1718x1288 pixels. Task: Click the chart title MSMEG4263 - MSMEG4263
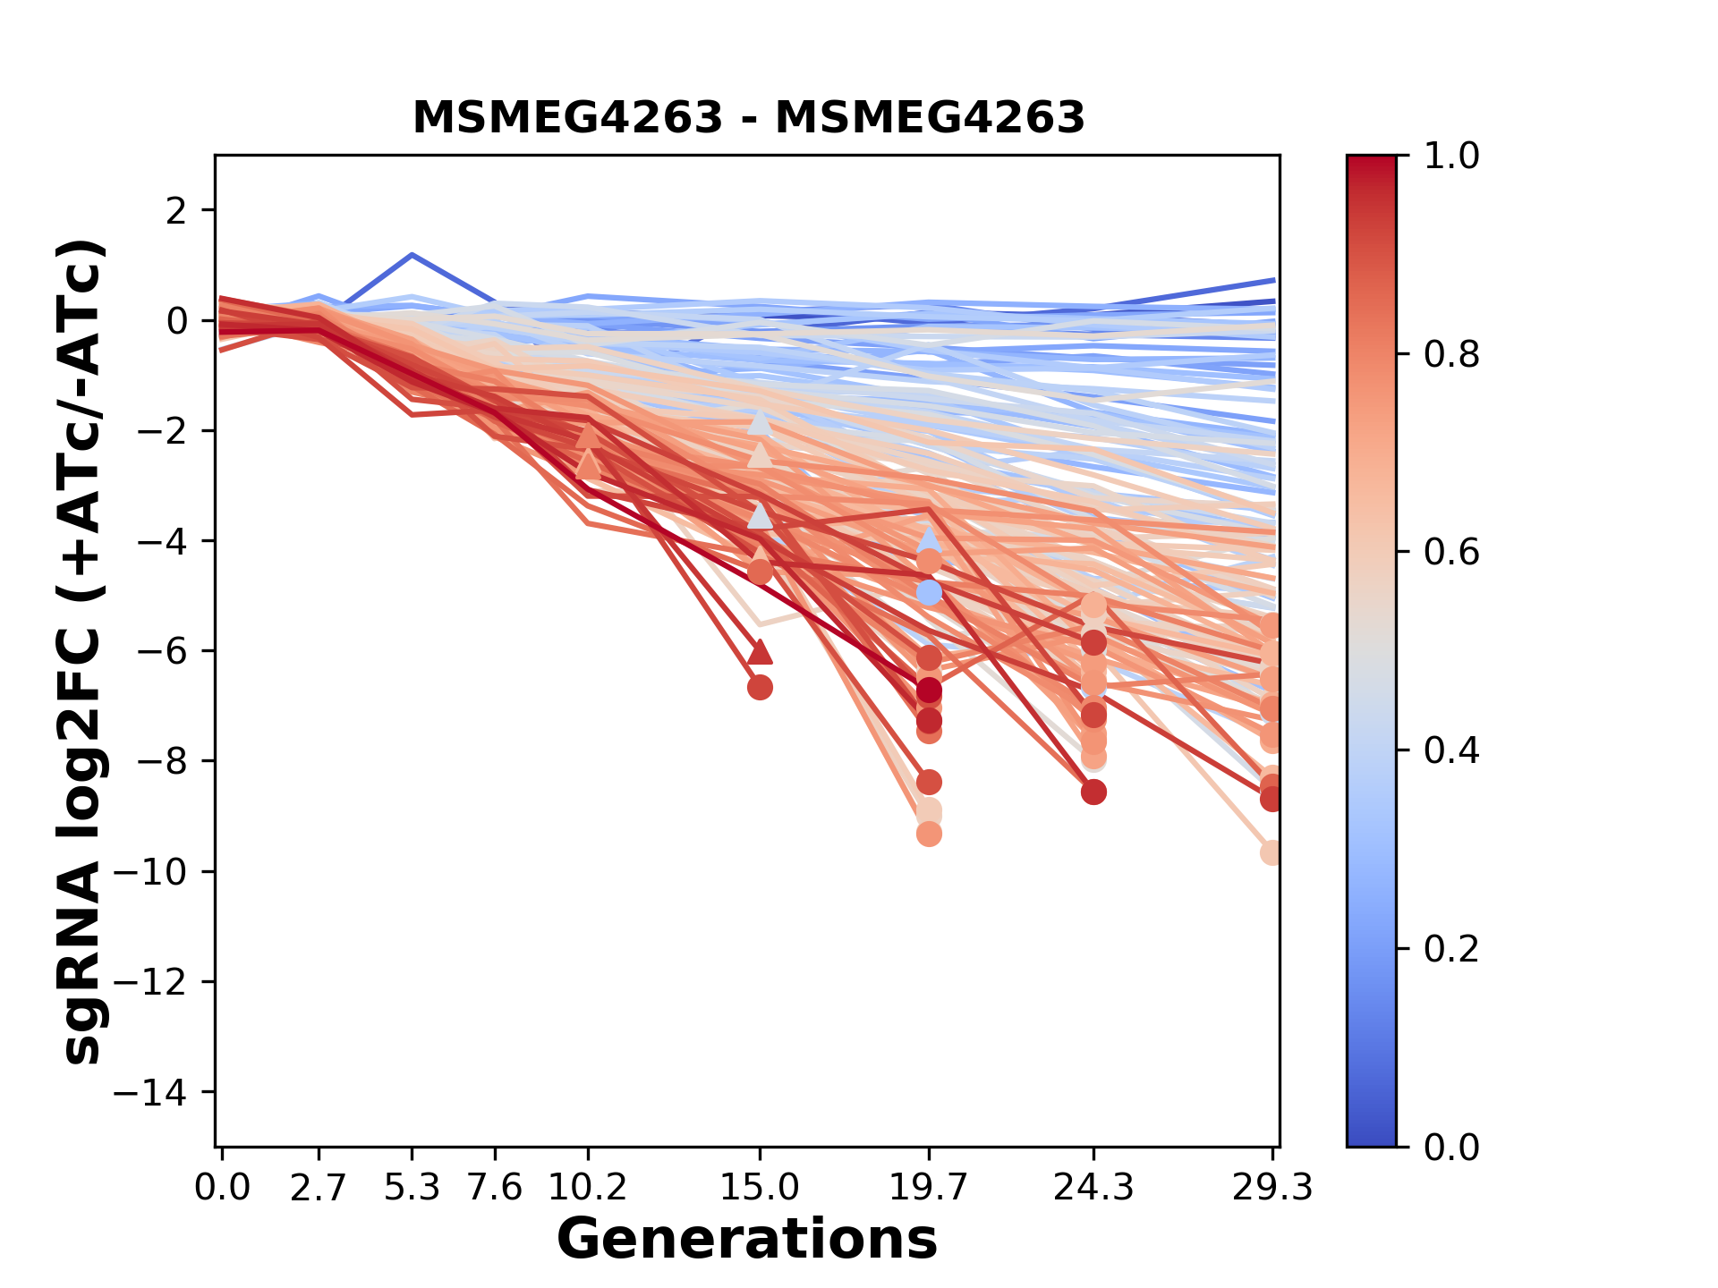(x=748, y=117)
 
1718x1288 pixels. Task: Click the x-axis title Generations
(x=747, y=1239)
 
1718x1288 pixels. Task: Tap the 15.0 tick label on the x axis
(x=760, y=1187)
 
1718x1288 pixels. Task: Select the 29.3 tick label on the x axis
(x=1272, y=1187)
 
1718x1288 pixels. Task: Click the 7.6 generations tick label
(x=495, y=1187)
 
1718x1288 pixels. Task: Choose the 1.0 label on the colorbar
(x=1451, y=156)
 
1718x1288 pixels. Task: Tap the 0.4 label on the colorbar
(x=1451, y=750)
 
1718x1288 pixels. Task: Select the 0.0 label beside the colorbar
(x=1451, y=1147)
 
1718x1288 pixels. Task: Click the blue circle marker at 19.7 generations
(x=929, y=592)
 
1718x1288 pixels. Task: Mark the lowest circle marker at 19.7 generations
(x=929, y=834)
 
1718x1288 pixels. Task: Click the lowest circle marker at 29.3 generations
(x=1271, y=852)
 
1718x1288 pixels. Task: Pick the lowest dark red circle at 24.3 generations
(x=1093, y=792)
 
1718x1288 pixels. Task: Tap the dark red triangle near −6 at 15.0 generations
(x=760, y=652)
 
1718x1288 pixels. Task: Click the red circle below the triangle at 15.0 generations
(x=760, y=688)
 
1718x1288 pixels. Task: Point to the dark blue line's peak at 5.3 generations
(x=412, y=255)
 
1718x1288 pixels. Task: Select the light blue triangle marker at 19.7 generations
(x=929, y=539)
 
